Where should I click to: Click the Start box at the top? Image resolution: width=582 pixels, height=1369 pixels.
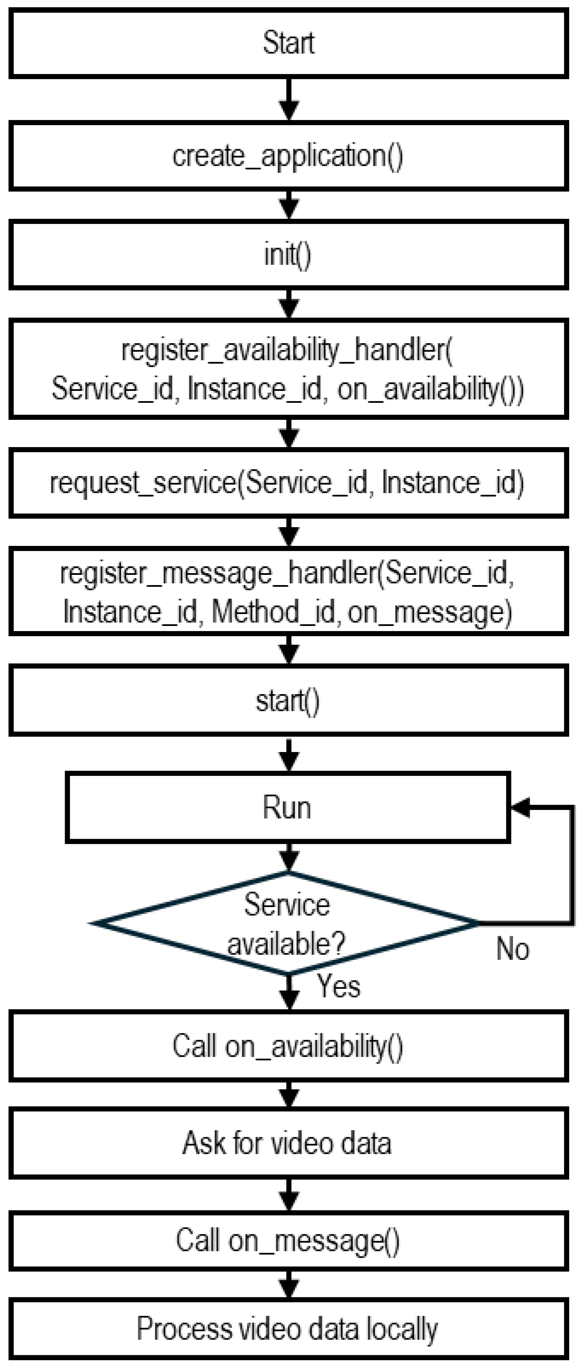(x=289, y=43)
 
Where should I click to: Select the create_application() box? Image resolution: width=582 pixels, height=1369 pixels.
(x=289, y=156)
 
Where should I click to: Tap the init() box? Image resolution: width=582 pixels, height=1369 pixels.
(x=289, y=255)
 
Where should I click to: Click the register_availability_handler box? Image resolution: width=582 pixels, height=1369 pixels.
(x=289, y=369)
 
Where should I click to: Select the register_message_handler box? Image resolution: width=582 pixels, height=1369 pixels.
(x=289, y=592)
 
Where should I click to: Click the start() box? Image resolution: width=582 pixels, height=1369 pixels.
(x=289, y=700)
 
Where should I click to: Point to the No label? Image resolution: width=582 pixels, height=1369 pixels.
(x=512, y=949)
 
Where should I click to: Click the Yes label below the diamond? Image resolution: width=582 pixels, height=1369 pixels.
(x=338, y=986)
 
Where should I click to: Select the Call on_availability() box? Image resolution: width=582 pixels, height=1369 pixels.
(x=289, y=1046)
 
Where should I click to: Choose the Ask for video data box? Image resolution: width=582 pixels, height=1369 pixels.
(x=289, y=1142)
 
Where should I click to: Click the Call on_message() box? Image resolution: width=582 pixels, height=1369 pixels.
(x=289, y=1240)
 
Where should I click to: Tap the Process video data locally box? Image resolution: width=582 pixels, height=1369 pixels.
(x=289, y=1329)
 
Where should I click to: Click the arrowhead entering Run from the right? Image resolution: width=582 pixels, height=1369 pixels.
(x=520, y=807)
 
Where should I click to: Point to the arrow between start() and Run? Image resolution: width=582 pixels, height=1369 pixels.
(x=289, y=754)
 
